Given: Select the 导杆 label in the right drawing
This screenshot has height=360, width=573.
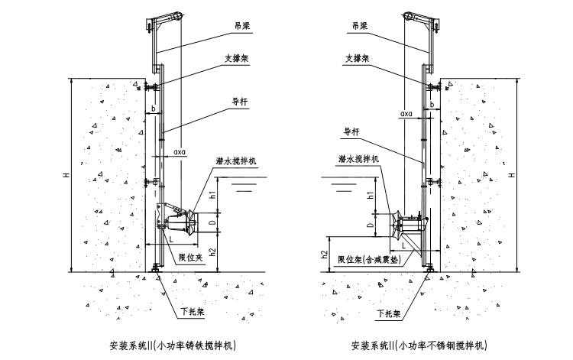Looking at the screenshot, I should point(351,131).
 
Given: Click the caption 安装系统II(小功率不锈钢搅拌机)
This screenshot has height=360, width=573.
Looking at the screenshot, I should point(417,345).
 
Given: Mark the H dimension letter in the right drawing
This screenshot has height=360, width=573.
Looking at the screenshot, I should point(512,175).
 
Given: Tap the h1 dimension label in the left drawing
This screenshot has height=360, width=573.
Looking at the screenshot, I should point(213,194).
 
